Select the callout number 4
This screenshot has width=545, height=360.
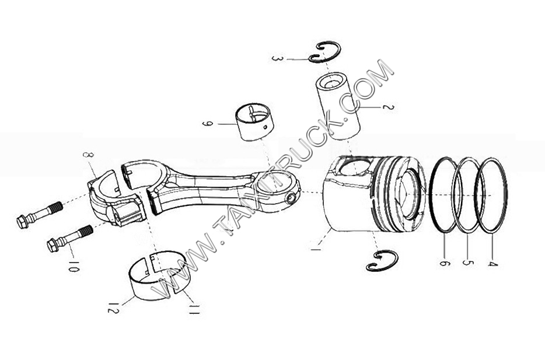tap(492, 262)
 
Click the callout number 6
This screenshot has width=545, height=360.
tap(445, 263)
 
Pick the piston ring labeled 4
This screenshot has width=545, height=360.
tap(491, 195)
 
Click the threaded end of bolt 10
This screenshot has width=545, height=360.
tap(85, 232)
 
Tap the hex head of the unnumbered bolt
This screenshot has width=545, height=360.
tap(23, 222)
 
